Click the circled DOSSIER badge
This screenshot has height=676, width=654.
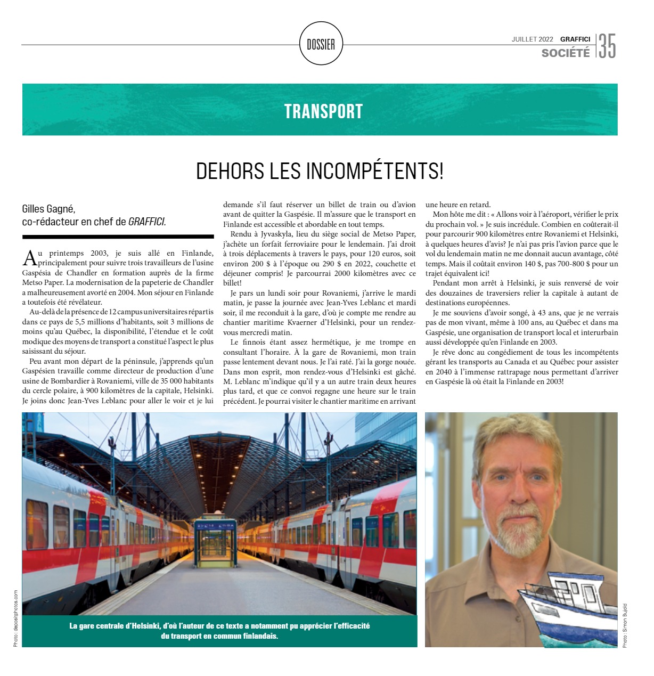(321, 44)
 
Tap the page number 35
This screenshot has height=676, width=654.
(607, 46)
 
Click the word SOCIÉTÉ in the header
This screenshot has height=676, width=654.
(566, 53)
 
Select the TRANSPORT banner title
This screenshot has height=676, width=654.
(323, 111)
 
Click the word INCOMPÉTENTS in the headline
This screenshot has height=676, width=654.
(374, 171)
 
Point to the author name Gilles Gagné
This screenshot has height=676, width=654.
(52, 209)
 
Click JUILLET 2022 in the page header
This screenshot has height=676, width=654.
(532, 39)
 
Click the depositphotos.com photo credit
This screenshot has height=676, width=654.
(15, 618)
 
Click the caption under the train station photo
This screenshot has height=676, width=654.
(219, 631)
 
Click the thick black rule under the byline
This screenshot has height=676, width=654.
(118, 236)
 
